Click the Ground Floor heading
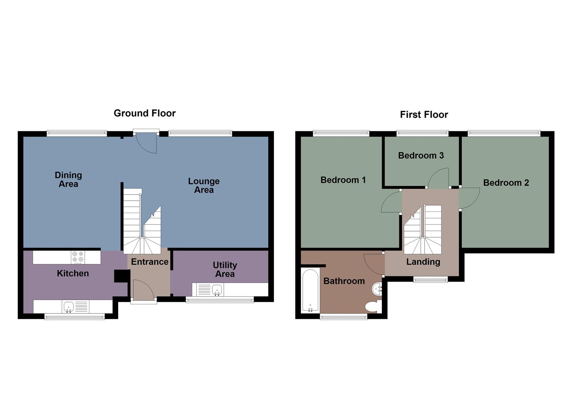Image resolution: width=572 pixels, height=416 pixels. (x=144, y=113)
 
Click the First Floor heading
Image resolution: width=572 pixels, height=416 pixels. (x=424, y=115)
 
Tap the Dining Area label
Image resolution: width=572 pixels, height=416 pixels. (x=68, y=179)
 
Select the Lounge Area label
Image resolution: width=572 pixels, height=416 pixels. (x=204, y=185)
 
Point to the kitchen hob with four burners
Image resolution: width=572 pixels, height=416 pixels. (x=78, y=257)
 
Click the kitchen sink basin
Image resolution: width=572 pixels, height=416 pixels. (x=69, y=307)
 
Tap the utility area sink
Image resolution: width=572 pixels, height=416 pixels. (x=217, y=289)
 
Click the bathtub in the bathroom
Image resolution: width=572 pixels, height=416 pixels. (x=310, y=291)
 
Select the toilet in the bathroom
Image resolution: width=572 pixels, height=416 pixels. (x=372, y=307)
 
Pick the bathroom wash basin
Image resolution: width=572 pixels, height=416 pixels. (x=377, y=288)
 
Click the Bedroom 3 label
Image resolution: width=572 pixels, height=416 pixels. (x=421, y=156)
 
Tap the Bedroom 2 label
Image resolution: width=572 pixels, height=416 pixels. (x=506, y=183)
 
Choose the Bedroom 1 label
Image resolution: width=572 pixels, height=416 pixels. (x=343, y=180)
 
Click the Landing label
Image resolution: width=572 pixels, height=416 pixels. (x=423, y=262)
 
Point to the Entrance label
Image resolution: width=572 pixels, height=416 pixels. (x=149, y=262)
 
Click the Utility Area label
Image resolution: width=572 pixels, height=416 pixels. (x=225, y=270)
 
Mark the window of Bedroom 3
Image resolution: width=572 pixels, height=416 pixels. (x=423, y=134)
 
